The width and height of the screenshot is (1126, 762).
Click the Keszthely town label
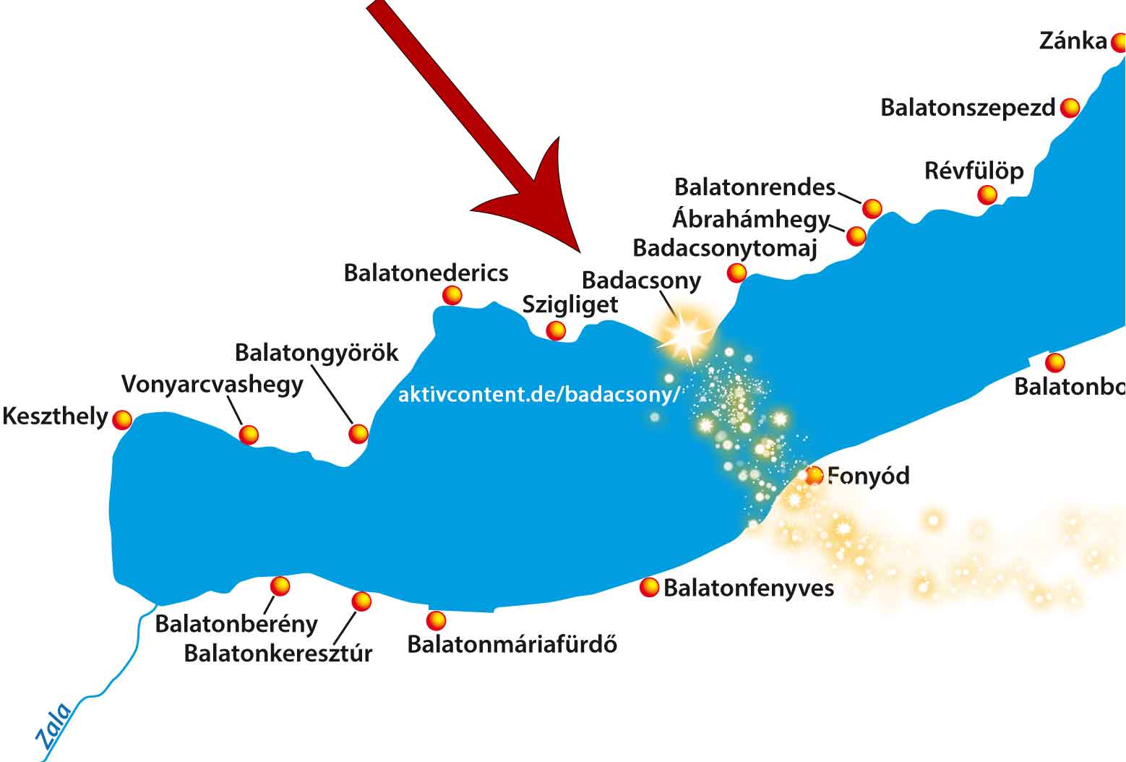pyautogui.click(x=55, y=417)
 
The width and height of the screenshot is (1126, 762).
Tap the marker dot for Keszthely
pyautogui.click(x=122, y=420)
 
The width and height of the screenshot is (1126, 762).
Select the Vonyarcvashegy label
pyautogui.click(x=212, y=384)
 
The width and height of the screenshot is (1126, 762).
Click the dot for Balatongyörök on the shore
pyautogui.click(x=358, y=434)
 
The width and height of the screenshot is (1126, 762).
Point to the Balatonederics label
pyautogui.click(x=426, y=273)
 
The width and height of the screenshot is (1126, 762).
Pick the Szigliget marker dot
pyautogui.click(x=555, y=330)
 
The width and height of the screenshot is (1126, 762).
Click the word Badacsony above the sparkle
pyautogui.click(x=641, y=281)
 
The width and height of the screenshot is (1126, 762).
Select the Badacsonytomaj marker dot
pyautogui.click(x=736, y=273)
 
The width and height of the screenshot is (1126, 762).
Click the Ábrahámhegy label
pyautogui.click(x=751, y=218)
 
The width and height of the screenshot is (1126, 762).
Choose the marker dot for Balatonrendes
pyautogui.click(x=872, y=208)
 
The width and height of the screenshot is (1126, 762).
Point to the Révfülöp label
pyautogui.click(x=974, y=171)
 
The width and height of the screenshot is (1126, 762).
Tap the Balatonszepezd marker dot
pyautogui.click(x=1070, y=108)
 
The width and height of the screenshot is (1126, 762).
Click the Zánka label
pyautogui.click(x=1073, y=41)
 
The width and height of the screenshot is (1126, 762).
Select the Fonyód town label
pyautogui.click(x=869, y=476)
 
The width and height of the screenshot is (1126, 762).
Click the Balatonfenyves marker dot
pyautogui.click(x=649, y=588)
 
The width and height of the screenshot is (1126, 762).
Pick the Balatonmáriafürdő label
pyautogui.click(x=512, y=644)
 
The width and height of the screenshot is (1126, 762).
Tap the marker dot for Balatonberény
pyautogui.click(x=280, y=586)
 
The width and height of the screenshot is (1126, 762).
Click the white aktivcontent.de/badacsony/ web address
pyautogui.click(x=539, y=395)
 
